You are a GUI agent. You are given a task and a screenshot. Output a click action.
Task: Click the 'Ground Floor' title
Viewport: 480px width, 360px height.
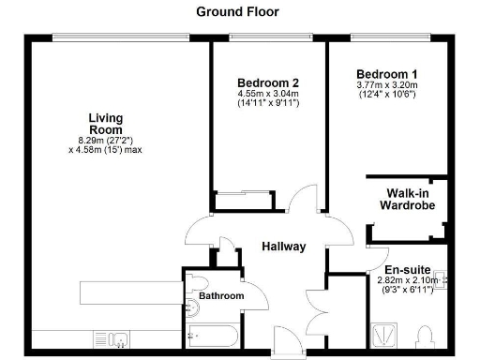pyautogui.click(x=237, y=12)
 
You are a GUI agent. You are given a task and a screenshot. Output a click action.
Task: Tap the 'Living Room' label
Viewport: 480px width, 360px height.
pyautogui.click(x=106, y=124)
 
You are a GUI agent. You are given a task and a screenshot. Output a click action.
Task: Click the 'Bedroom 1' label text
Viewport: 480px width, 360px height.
pyautogui.click(x=387, y=73)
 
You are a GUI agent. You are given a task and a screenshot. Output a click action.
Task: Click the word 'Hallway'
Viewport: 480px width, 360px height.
pyautogui.click(x=284, y=247)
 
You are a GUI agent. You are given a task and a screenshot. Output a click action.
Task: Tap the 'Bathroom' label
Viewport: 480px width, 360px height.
pyautogui.click(x=221, y=296)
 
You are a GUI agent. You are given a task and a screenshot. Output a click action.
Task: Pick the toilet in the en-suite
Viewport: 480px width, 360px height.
pyautogui.click(x=427, y=336)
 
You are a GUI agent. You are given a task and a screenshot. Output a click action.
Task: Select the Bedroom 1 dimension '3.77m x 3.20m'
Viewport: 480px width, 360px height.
pyautogui.click(x=387, y=85)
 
